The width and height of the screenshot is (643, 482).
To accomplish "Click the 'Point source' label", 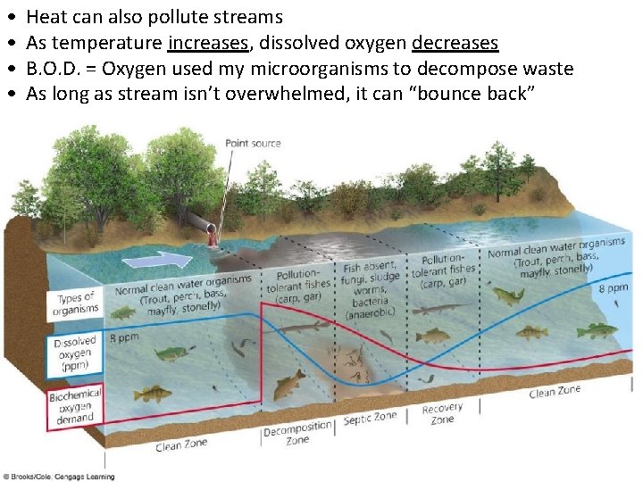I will (x=253, y=143).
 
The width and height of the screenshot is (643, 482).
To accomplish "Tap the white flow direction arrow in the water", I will (x=157, y=260).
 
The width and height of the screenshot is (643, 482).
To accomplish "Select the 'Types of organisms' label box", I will (x=78, y=303).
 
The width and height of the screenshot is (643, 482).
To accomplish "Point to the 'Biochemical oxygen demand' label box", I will (x=75, y=405).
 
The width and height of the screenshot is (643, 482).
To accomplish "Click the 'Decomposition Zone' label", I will (x=297, y=434).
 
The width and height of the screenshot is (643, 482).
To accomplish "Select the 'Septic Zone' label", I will (x=371, y=417).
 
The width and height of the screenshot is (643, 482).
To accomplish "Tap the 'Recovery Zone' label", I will (x=442, y=414).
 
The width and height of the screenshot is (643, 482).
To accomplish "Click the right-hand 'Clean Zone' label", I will (x=554, y=391).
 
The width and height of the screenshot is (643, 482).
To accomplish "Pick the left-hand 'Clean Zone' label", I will (x=181, y=445).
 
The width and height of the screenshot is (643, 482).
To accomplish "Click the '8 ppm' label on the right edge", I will (x=613, y=288).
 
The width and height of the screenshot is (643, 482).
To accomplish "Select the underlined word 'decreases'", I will (x=455, y=43).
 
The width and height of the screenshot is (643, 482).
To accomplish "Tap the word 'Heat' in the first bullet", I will (x=46, y=17).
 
